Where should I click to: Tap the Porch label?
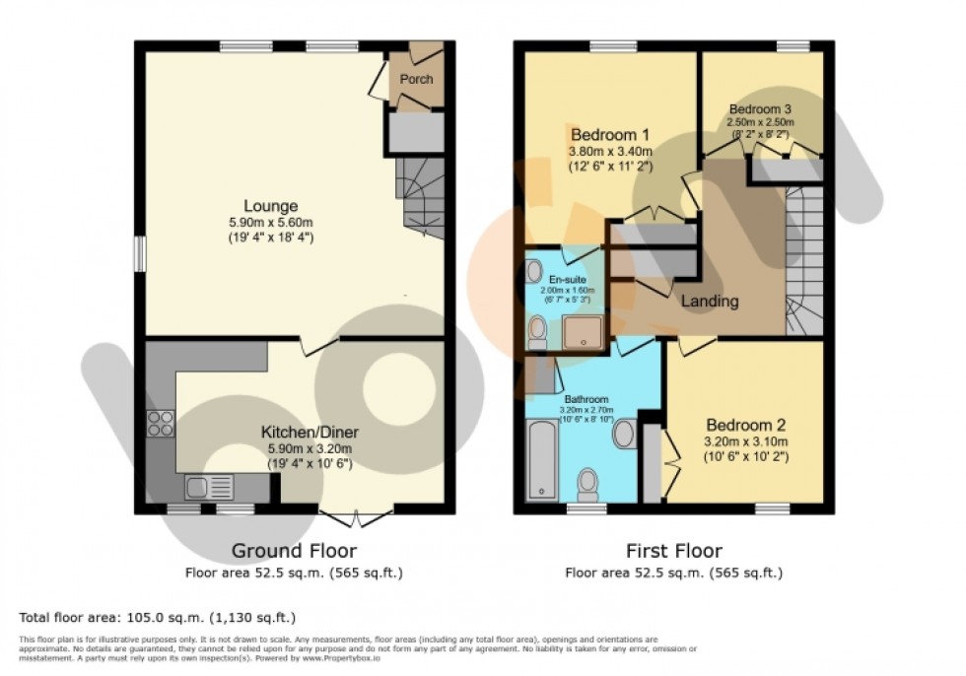coord(416,79)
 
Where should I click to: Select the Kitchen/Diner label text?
coord(309,432)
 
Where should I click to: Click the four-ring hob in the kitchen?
coord(160,424)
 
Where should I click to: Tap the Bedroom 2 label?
coord(744,426)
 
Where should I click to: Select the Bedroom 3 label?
coord(760,108)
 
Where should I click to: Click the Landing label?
coord(711,302)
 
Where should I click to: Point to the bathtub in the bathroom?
coord(541,459)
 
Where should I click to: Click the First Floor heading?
coord(674,551)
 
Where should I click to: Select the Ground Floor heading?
coord(294,551)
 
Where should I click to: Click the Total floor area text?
coord(158,618)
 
